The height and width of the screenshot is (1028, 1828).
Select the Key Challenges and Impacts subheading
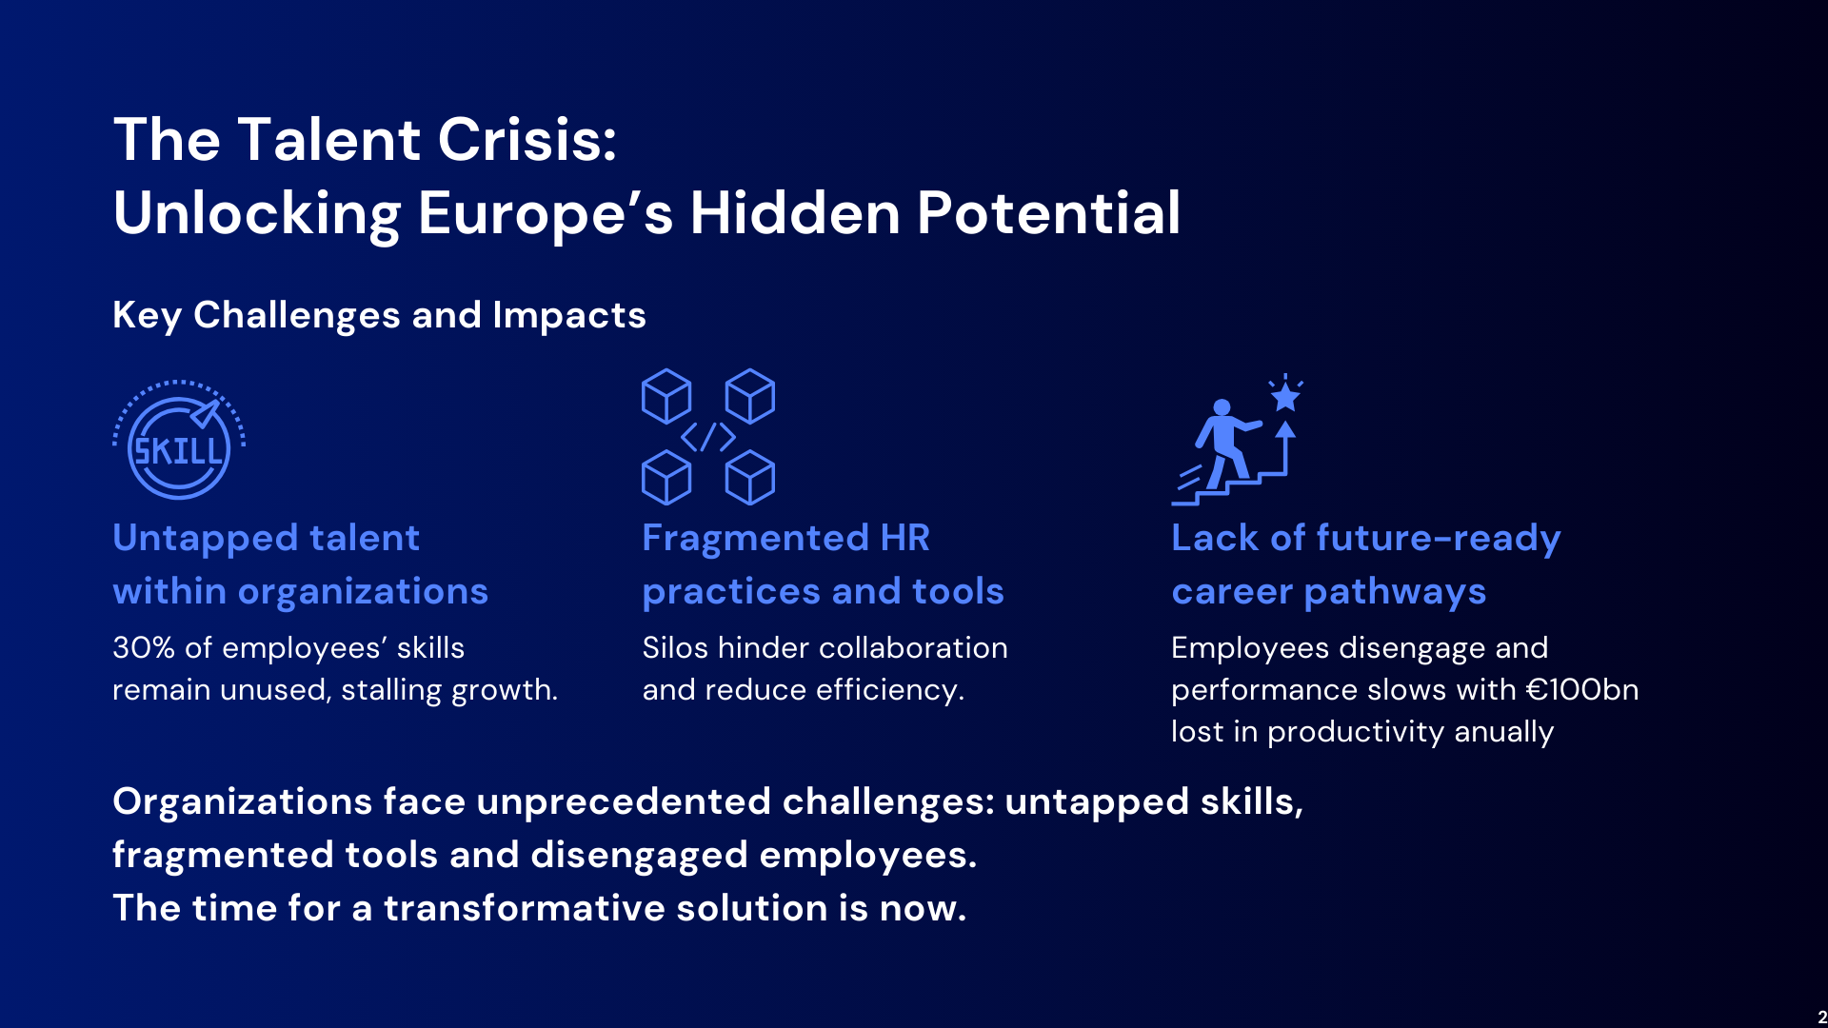[379, 315]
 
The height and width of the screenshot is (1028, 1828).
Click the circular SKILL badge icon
[179, 440]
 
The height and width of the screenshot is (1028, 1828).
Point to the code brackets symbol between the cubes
[708, 437]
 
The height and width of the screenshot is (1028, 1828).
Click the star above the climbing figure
[1285, 395]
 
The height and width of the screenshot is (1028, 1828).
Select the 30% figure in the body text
[144, 648]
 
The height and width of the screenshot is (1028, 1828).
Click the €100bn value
[1582, 690]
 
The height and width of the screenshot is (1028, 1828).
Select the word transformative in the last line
[525, 908]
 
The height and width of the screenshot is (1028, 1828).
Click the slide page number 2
[1822, 1018]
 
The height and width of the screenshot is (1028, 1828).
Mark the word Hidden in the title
[795, 213]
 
